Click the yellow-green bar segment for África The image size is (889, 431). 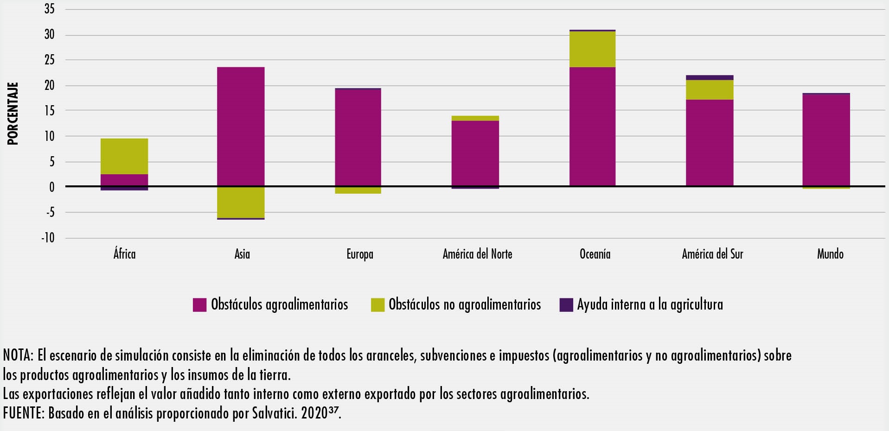click(x=124, y=156)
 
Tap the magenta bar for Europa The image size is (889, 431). click(x=358, y=138)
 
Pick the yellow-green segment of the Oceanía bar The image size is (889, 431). click(x=592, y=49)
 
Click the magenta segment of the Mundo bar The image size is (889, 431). click(x=826, y=140)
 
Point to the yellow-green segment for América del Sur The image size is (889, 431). click(x=710, y=90)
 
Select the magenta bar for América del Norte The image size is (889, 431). click(x=475, y=153)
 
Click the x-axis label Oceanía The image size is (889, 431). click(x=595, y=254)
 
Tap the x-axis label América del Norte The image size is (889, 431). click(x=477, y=254)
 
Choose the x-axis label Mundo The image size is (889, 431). click(x=830, y=254)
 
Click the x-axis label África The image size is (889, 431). click(x=124, y=254)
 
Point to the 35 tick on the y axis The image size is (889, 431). click(x=50, y=9)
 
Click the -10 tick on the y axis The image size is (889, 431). click(x=48, y=238)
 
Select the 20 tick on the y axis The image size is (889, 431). click(x=50, y=85)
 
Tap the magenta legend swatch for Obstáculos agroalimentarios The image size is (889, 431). click(x=200, y=304)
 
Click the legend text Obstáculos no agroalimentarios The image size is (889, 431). click(x=465, y=304)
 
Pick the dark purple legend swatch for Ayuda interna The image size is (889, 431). click(x=566, y=304)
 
